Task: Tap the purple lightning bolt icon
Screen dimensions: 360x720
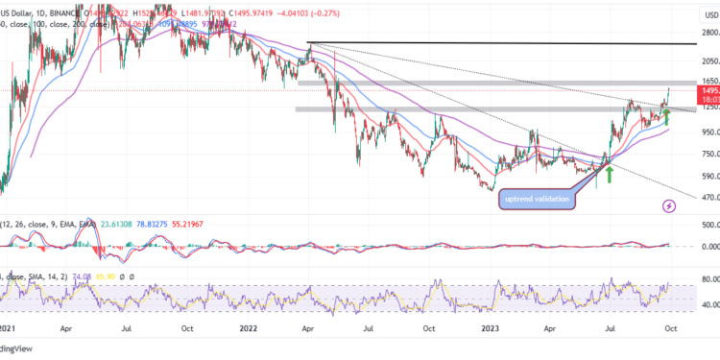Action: [x=669, y=205]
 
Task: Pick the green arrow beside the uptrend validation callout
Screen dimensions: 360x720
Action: [x=608, y=174]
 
